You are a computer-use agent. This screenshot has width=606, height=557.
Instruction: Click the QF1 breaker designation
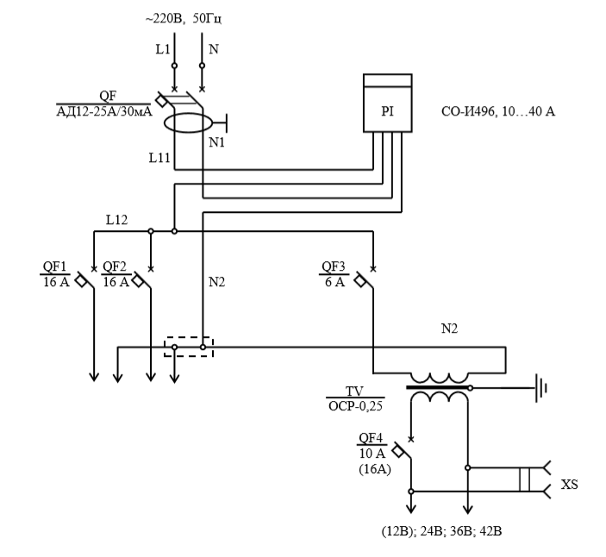(x=54, y=266)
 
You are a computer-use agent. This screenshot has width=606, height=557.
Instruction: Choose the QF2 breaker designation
(x=115, y=266)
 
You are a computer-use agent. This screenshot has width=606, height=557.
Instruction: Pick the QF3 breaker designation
(x=334, y=266)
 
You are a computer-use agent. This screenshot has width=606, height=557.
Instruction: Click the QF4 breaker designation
(x=372, y=436)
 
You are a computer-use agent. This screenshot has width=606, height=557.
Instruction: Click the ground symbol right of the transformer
(x=541, y=388)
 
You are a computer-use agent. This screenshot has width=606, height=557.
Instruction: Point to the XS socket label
(x=569, y=485)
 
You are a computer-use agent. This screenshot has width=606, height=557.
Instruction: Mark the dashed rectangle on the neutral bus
(x=189, y=347)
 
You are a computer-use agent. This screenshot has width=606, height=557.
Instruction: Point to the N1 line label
(x=217, y=141)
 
